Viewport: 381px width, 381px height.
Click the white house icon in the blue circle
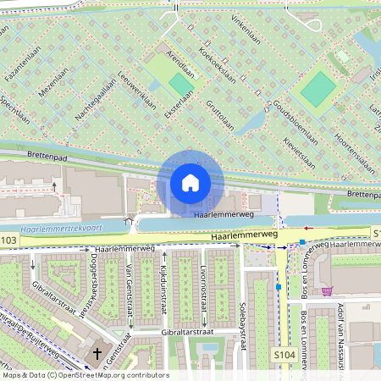[x=190, y=182]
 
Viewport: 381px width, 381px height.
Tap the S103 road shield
[x=8, y=241]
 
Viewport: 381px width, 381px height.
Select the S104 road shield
[x=284, y=353]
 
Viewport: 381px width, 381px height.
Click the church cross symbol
[x=97, y=353]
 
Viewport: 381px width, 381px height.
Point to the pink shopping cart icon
[x=328, y=291]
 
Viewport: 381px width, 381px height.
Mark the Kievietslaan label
[x=298, y=152]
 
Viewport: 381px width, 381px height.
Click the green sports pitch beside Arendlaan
[x=179, y=84]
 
